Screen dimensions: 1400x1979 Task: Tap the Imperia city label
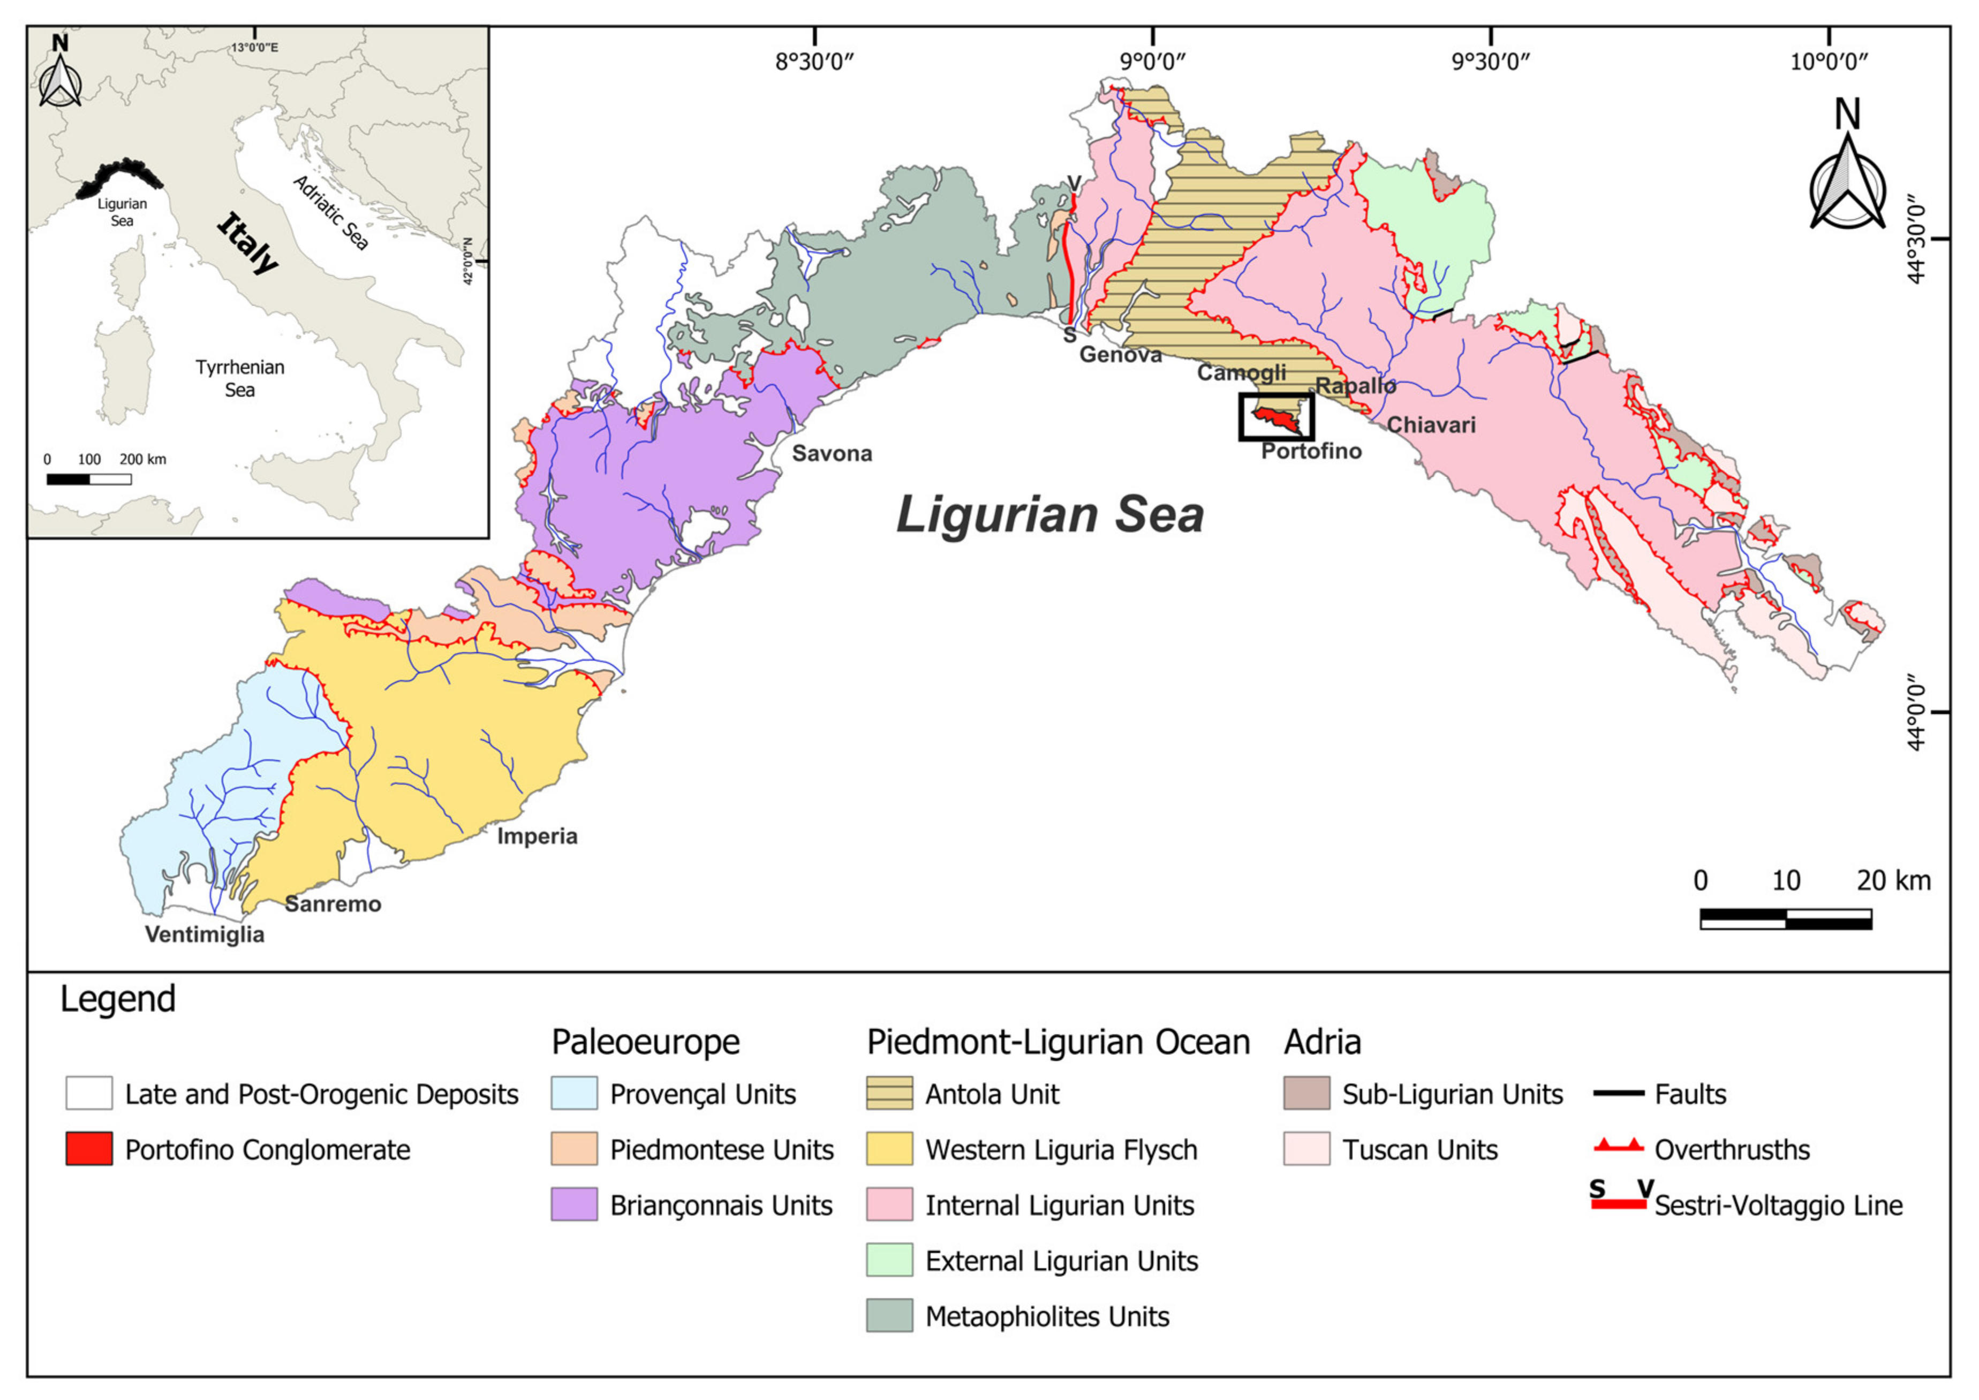coord(537,836)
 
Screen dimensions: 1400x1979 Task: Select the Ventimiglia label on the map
coord(205,934)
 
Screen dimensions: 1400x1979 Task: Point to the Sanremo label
coord(333,904)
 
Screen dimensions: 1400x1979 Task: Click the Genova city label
coord(1120,354)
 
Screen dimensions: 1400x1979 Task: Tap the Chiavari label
coord(1431,425)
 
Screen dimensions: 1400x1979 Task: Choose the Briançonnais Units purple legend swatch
coord(575,1205)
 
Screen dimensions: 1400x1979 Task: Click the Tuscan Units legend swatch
coord(1306,1150)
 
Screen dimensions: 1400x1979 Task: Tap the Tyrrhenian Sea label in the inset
coord(240,378)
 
